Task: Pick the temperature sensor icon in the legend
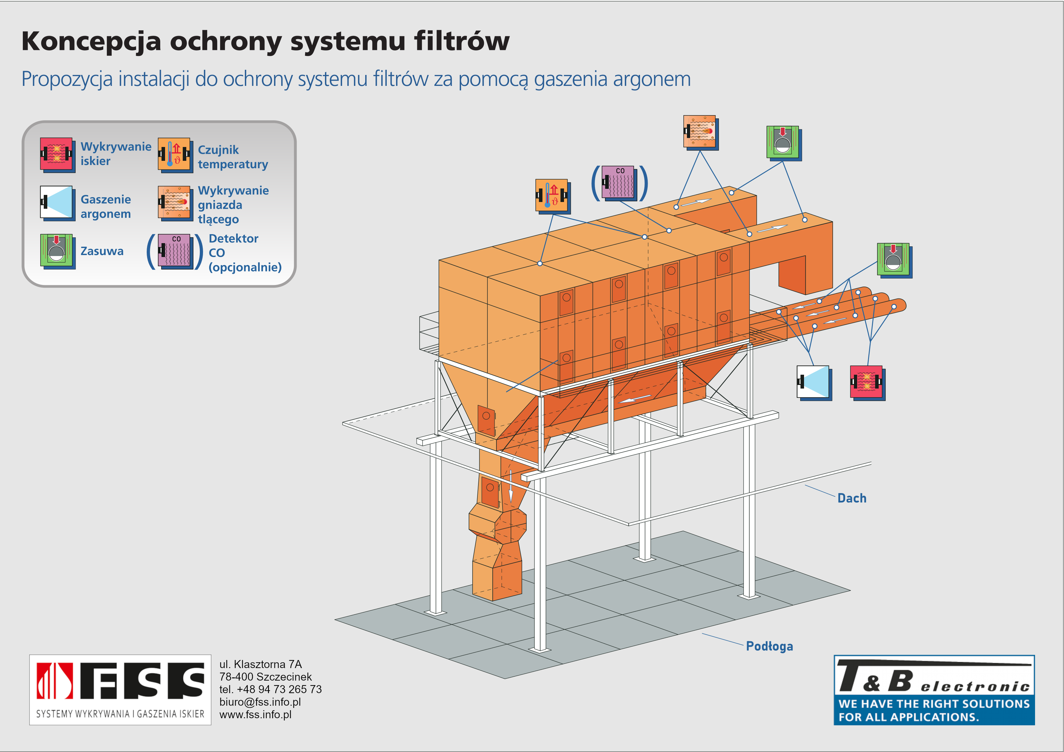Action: tap(175, 155)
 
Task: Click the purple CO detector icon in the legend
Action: tap(175, 251)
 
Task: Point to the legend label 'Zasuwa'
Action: tap(102, 251)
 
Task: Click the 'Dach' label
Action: tap(852, 498)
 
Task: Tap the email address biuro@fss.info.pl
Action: tap(260, 702)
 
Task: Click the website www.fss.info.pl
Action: tap(255, 714)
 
